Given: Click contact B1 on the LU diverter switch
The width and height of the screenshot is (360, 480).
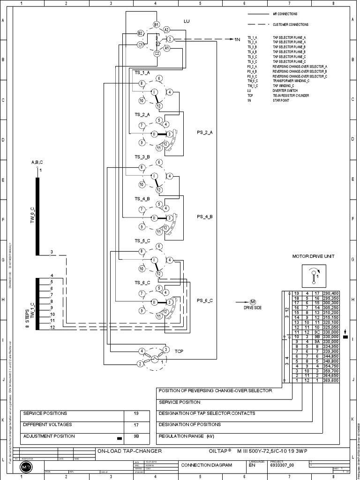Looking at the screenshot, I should (157, 24).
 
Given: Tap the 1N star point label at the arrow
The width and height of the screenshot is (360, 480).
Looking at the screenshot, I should (237, 40).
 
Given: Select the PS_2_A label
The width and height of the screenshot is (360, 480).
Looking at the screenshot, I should (205, 133).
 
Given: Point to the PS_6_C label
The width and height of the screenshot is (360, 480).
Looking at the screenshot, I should (205, 300).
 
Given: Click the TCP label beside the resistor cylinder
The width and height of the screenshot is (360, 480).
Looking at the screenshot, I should (179, 351).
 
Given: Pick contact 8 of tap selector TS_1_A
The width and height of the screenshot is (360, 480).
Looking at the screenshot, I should (141, 83).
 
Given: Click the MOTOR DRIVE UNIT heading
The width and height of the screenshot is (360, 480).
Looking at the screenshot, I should (313, 256).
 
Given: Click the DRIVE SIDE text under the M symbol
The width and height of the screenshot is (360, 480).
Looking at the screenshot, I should (252, 307).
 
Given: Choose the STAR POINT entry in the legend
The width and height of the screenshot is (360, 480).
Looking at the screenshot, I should (281, 100).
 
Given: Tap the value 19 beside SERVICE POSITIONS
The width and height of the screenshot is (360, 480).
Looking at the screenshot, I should (136, 413).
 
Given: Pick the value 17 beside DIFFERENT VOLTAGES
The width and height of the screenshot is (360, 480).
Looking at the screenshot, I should (136, 425).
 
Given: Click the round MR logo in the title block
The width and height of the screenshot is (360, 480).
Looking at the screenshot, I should (24, 468).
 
